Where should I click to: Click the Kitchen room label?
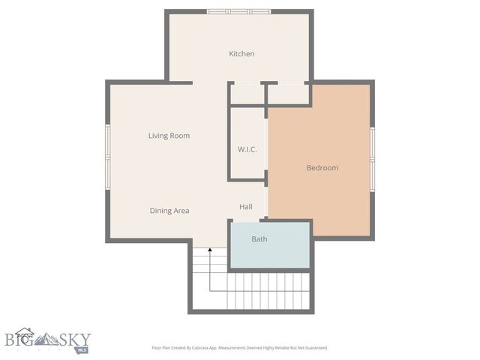[x=241, y=54]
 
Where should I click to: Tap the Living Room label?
[x=169, y=136]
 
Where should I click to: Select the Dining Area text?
[x=169, y=211]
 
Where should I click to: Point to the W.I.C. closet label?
[x=247, y=149]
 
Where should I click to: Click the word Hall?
[x=246, y=207]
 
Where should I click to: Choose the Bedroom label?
[x=322, y=168]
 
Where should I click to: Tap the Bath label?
[x=259, y=239]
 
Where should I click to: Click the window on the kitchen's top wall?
[x=239, y=11]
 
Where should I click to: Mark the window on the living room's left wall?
[x=108, y=155]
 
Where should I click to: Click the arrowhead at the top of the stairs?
[x=210, y=249]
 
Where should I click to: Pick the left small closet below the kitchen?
[x=247, y=94]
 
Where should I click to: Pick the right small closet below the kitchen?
[x=289, y=94]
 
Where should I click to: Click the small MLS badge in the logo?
[x=82, y=349]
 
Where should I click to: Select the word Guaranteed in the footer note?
[x=314, y=348]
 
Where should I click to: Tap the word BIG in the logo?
[x=20, y=340]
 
